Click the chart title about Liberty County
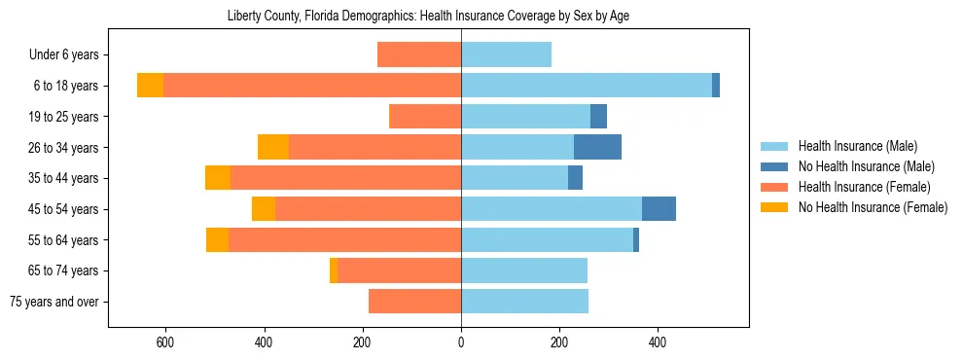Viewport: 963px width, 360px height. coord(428,17)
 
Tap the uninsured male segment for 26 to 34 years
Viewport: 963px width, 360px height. coord(597,147)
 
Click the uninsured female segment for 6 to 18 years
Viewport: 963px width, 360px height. coord(150,86)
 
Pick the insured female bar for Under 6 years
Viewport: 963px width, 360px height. coord(418,54)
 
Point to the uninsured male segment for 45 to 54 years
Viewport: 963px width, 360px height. coord(659,209)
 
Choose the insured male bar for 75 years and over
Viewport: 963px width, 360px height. coord(524,302)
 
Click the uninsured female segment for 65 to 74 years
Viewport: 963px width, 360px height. coord(334,270)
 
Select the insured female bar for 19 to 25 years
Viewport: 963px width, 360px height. coord(424,117)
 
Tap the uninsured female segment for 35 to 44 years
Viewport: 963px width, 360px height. coord(218,178)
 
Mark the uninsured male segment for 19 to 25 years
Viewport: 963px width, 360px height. coord(598,117)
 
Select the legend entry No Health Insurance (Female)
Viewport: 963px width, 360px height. coord(873,207)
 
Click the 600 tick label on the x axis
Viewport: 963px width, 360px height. coord(165,342)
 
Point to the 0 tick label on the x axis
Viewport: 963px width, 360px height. coord(461,342)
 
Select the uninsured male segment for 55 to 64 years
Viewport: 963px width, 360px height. coord(636,240)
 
